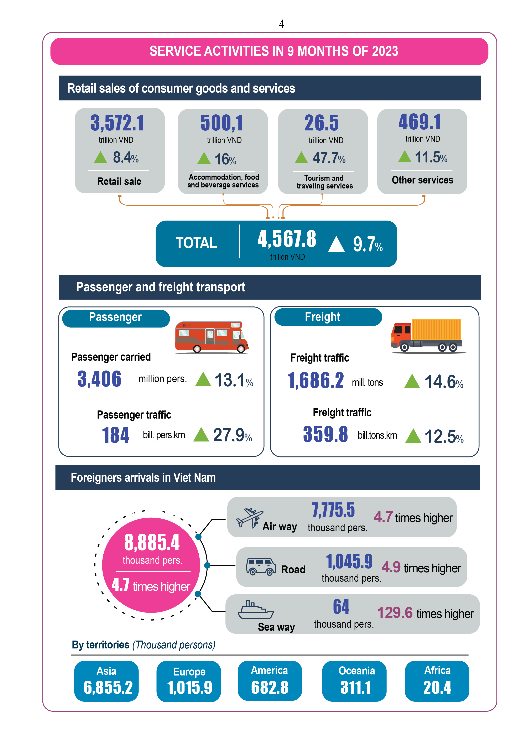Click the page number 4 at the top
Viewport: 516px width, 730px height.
click(281, 24)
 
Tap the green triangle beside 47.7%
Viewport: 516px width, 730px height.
click(301, 158)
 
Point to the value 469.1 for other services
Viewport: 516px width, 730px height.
click(420, 122)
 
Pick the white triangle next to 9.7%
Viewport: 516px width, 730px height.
click(336, 244)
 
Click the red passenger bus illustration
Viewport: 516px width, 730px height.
click(212, 337)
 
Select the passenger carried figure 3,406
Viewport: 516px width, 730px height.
click(99, 379)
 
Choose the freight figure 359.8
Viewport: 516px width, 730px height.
click(325, 434)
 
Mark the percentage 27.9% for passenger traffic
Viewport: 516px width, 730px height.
click(232, 435)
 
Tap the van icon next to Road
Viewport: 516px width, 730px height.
click(261, 566)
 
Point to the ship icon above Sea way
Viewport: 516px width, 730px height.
click(255, 610)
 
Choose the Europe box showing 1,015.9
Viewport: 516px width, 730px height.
click(189, 681)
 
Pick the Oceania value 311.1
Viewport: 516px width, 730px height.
click(355, 687)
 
